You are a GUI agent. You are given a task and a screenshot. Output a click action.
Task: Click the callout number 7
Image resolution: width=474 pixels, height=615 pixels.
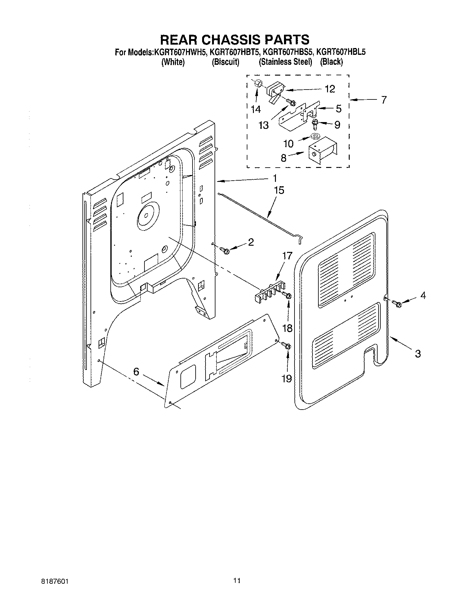pyautogui.click(x=384, y=100)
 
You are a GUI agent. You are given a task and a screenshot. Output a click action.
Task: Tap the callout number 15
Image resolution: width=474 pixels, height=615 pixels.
pyautogui.click(x=279, y=190)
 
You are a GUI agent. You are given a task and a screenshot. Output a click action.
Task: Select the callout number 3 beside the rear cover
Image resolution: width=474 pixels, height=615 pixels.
pyautogui.click(x=418, y=353)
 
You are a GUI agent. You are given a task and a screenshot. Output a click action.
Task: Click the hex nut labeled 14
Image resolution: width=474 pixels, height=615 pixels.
pyautogui.click(x=258, y=84)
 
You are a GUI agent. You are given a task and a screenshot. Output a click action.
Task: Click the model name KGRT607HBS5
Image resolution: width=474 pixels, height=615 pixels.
pyautogui.click(x=287, y=52)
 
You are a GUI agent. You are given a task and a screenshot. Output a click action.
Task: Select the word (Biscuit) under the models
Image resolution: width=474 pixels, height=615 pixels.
pyautogui.click(x=225, y=62)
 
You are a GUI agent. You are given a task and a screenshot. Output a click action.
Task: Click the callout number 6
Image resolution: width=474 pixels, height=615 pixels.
pyautogui.click(x=136, y=371)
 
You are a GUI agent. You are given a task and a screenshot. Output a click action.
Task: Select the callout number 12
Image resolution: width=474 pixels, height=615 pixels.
pyautogui.click(x=330, y=89)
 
